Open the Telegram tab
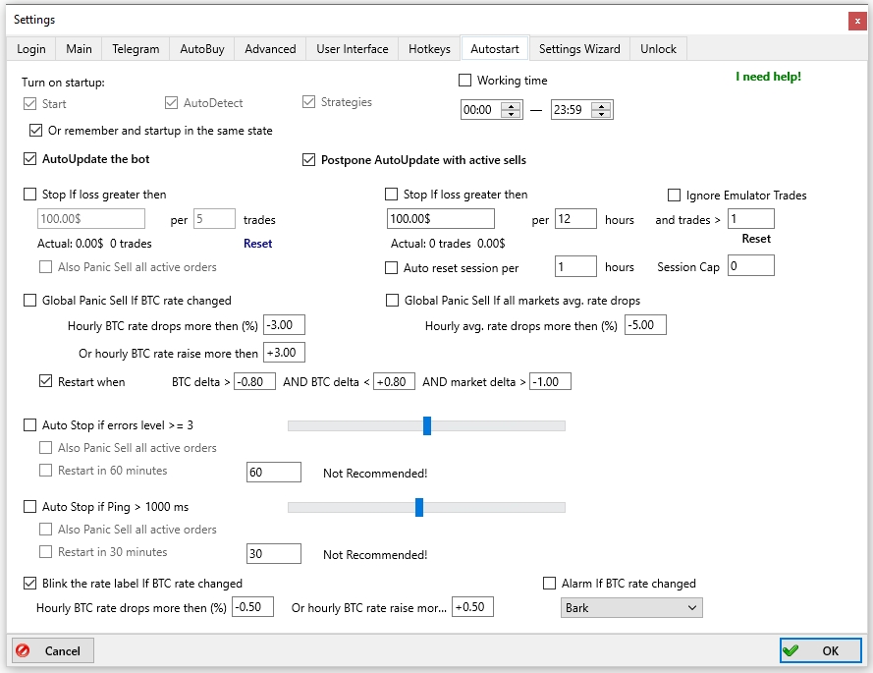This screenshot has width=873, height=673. point(136,49)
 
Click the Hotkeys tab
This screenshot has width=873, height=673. point(429,49)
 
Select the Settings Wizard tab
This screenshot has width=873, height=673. point(579,49)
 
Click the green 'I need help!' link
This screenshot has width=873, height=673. point(768,77)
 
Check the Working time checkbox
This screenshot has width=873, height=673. point(464,81)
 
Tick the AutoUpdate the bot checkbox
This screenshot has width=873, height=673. point(30,159)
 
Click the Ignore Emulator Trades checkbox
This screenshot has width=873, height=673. point(674,195)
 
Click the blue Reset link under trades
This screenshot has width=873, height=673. point(258,244)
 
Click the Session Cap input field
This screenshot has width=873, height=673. point(751,265)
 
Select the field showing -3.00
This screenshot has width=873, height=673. point(284,325)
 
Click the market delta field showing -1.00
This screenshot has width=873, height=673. point(550,381)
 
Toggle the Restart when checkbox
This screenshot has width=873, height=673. point(45,381)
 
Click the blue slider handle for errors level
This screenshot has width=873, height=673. point(427,425)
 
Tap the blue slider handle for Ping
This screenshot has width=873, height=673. point(419,507)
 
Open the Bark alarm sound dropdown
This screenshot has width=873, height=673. point(631,608)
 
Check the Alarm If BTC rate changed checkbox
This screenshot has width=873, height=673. point(550,584)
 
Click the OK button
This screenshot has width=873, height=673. point(820,650)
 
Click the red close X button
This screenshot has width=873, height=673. point(857,21)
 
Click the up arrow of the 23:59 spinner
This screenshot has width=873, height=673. point(601,106)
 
